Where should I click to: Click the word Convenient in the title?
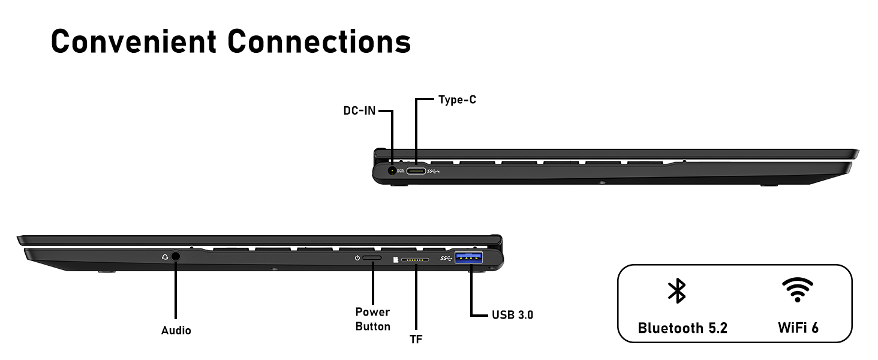point(133,41)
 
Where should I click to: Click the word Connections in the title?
point(319,41)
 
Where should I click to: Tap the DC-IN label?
point(359,111)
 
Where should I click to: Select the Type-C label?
point(457,100)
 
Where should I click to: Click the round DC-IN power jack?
point(393,170)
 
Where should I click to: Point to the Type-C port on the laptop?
point(416,171)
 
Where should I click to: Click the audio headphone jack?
point(176,256)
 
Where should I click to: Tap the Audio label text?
point(176,331)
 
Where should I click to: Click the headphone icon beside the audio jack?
point(165,257)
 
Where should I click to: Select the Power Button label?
point(372,319)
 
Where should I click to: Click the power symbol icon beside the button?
point(357,258)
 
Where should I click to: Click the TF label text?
point(416,340)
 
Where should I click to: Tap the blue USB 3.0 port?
point(469,259)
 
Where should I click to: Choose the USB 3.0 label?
point(512,314)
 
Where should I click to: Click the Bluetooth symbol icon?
point(677,290)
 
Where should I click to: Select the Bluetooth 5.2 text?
point(682,328)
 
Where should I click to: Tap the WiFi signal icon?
point(798,290)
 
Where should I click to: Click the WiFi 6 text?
point(798,328)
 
